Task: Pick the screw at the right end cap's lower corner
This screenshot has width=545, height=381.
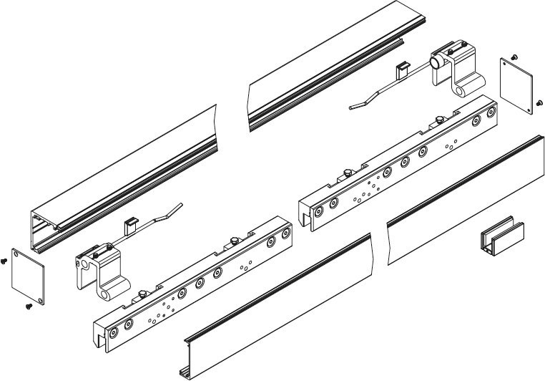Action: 536,105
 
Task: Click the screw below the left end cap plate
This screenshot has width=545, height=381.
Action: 29,306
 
